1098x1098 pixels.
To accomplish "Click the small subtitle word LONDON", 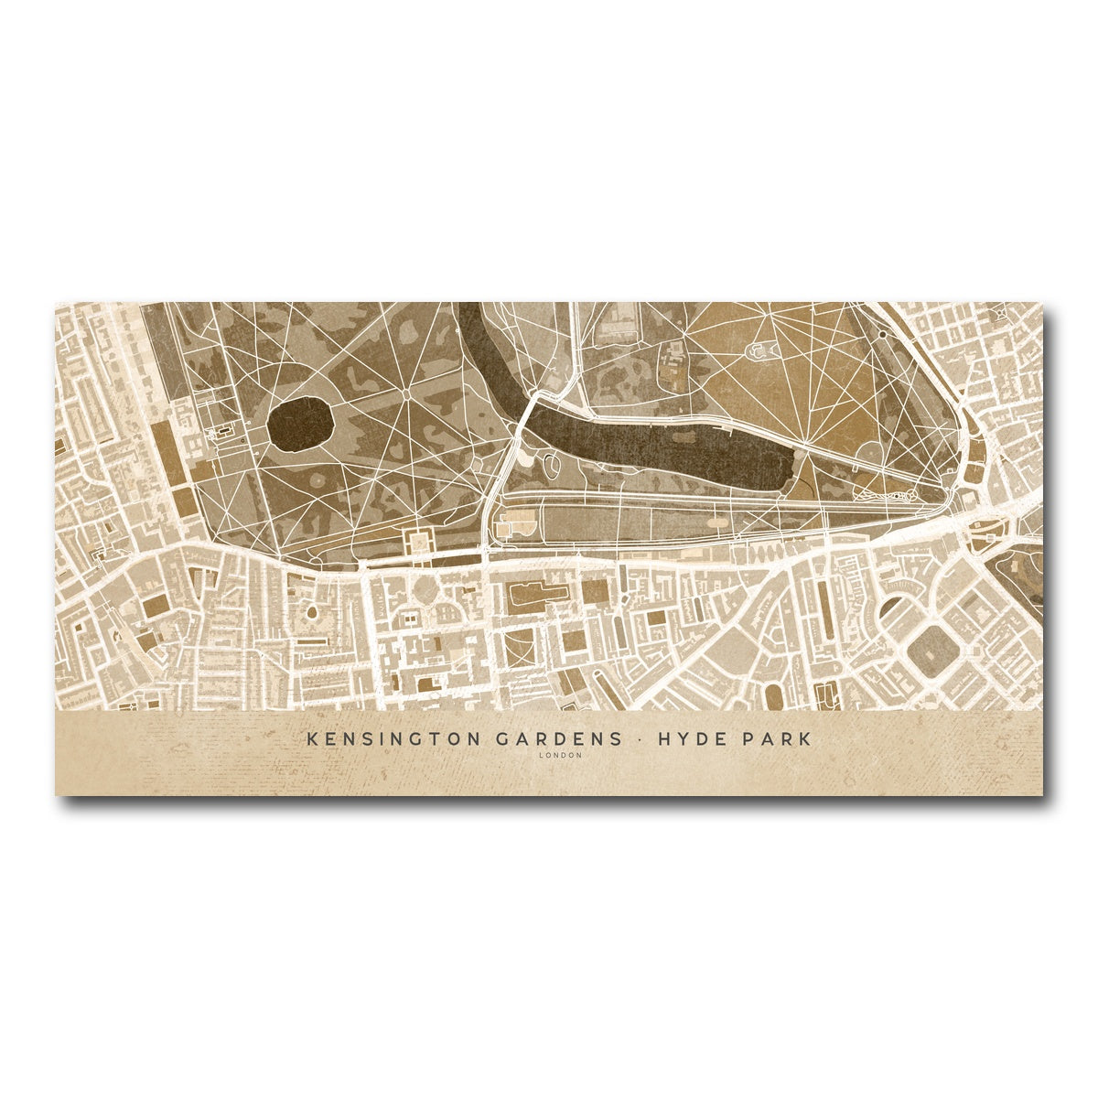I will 560,756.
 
